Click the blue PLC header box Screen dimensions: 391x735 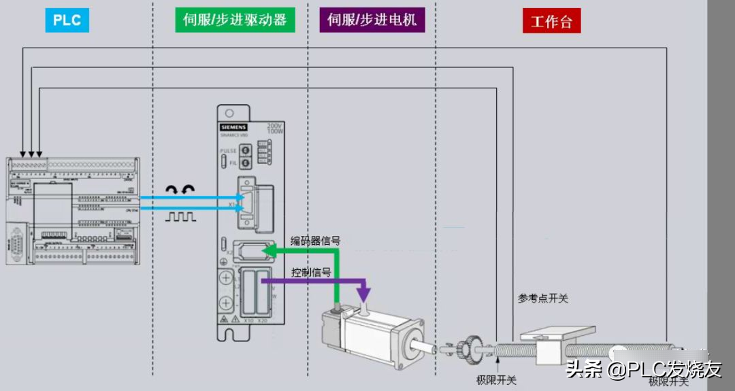coord(67,21)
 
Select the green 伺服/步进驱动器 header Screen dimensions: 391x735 coord(235,20)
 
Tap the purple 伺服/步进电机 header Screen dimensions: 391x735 coord(372,20)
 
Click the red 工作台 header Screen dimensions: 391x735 coord(551,21)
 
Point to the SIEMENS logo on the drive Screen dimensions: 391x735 coord(233,127)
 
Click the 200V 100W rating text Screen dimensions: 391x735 coord(276,127)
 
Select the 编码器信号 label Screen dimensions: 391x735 coord(316,241)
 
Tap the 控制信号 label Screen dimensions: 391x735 coord(311,273)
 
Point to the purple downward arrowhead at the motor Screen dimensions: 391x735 coord(364,294)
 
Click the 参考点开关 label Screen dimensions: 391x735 coord(542,298)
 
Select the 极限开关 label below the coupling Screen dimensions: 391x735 coord(496,379)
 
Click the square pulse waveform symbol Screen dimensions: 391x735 coord(181,217)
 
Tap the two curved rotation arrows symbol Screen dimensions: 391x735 coord(181,190)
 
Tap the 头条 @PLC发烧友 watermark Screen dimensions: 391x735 coord(643,369)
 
